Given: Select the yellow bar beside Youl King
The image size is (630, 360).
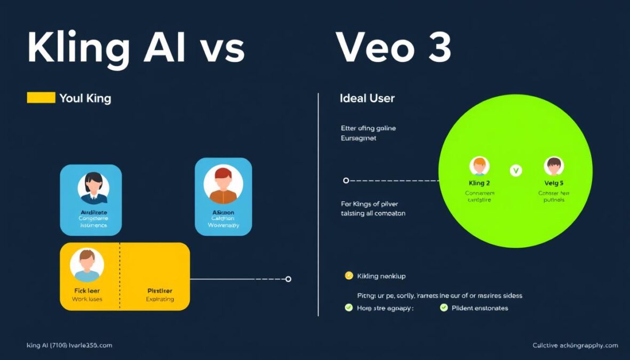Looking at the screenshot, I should (41, 98).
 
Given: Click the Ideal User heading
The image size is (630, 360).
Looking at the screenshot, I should (367, 98).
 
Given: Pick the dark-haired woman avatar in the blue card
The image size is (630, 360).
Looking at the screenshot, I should (93, 188).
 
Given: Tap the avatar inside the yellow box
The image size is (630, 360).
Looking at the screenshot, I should (86, 265).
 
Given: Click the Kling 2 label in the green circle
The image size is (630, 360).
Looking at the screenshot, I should (479, 183).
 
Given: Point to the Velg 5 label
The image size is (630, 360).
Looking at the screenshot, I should (554, 183).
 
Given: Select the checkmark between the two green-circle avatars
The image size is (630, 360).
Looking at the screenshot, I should (516, 171).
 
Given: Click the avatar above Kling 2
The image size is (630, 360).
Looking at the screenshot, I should (479, 166).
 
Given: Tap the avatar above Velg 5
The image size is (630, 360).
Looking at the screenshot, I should (554, 166).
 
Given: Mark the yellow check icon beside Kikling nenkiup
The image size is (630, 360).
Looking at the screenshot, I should (349, 276).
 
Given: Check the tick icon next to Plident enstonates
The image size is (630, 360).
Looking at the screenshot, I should (444, 308).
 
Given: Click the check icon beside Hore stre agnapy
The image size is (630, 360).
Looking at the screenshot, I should (349, 308).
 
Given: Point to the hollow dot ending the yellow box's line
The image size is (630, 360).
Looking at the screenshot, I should (289, 279).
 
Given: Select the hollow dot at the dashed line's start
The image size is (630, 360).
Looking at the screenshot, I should (346, 181).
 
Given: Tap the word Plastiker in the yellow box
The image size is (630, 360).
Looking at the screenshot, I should (160, 291).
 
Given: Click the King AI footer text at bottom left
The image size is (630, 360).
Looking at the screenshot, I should (69, 346).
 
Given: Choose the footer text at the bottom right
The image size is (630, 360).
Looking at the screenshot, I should (575, 346).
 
